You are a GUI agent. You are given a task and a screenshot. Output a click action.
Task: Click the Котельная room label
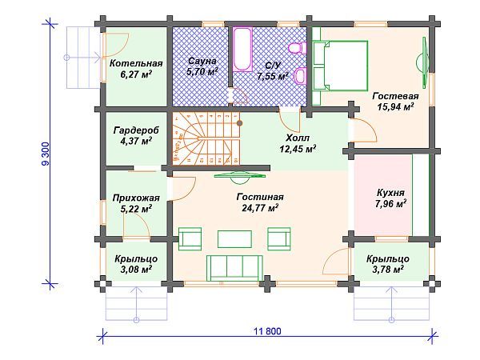coord(136,63)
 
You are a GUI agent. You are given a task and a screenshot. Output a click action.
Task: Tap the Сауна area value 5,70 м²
coord(202,72)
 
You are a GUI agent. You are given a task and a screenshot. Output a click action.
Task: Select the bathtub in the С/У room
coord(242,50)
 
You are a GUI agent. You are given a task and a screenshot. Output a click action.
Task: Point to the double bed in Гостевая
coord(340,66)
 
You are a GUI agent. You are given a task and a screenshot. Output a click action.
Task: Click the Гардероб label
coord(136,130)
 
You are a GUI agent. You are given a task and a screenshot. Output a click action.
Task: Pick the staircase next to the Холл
coord(206,138)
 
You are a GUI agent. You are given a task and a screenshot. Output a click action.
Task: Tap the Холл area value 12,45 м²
coord(298,149)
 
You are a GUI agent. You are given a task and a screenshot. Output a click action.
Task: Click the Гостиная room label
coord(260,197)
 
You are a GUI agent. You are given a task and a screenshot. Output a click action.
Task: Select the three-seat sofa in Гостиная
coord(234,268)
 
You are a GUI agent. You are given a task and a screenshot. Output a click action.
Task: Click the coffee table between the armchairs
coord(234,239)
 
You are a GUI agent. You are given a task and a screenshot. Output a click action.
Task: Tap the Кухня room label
coord(390,193)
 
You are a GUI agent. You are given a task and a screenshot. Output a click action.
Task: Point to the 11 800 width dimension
coord(267,331)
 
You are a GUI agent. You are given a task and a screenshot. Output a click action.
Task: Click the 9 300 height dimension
coord(46,154)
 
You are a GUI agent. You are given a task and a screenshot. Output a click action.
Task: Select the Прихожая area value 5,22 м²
coord(137,209)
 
